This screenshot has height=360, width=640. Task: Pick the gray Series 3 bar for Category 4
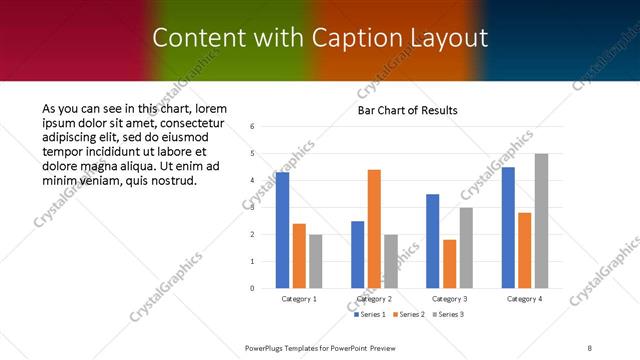coord(541,221)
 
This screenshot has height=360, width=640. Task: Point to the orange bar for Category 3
coord(449,264)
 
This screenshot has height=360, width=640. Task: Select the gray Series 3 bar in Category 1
coord(315,261)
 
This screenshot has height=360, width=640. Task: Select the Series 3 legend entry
coord(447,315)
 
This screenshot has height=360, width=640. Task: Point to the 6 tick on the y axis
coord(253,126)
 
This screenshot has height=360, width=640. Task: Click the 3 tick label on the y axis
coord(253,207)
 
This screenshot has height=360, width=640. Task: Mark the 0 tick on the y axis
coord(253,288)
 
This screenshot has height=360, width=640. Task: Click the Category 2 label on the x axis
coord(374,298)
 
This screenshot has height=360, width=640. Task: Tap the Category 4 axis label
coord(525,298)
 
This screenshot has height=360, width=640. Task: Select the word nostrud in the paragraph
coord(172,180)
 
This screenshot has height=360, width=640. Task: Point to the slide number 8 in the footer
coord(590,346)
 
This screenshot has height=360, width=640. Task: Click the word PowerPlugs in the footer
coord(269,346)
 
